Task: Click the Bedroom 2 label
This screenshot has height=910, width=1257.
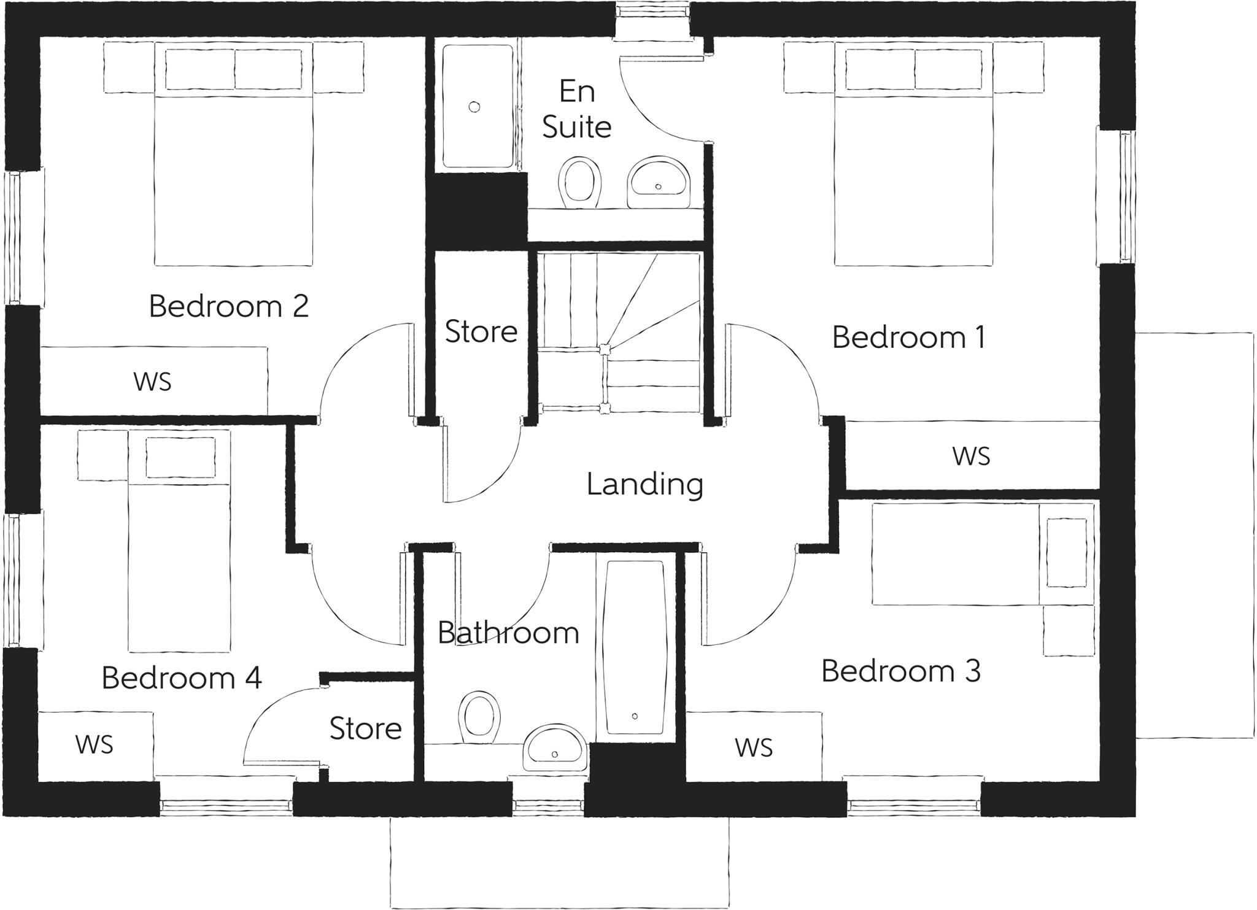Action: pyautogui.click(x=228, y=306)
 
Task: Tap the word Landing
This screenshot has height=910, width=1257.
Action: pyautogui.click(x=644, y=484)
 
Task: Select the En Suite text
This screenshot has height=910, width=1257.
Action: pyautogui.click(x=577, y=109)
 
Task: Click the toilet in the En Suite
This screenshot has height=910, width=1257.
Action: pyautogui.click(x=579, y=182)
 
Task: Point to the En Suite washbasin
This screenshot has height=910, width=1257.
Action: pyautogui.click(x=659, y=182)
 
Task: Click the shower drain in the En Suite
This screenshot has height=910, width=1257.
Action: pyautogui.click(x=474, y=107)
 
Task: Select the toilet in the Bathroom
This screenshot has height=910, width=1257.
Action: pyautogui.click(x=479, y=716)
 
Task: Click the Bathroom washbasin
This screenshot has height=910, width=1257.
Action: pyautogui.click(x=555, y=748)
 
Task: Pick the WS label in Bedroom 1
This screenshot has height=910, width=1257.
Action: pyautogui.click(x=971, y=456)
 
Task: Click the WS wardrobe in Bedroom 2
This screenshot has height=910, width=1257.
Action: pyautogui.click(x=153, y=381)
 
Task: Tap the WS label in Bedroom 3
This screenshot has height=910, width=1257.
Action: pyautogui.click(x=753, y=747)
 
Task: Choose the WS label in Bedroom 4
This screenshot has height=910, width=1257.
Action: pyautogui.click(x=94, y=744)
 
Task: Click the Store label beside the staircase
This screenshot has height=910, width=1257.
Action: pyautogui.click(x=481, y=331)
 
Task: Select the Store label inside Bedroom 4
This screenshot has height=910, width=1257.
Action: pyautogui.click(x=365, y=728)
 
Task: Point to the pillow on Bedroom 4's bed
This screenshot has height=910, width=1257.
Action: pyautogui.click(x=180, y=457)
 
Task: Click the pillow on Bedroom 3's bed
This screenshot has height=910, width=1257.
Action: pyautogui.click(x=1067, y=552)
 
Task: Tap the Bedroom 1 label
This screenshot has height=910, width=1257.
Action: pyautogui.click(x=908, y=337)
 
